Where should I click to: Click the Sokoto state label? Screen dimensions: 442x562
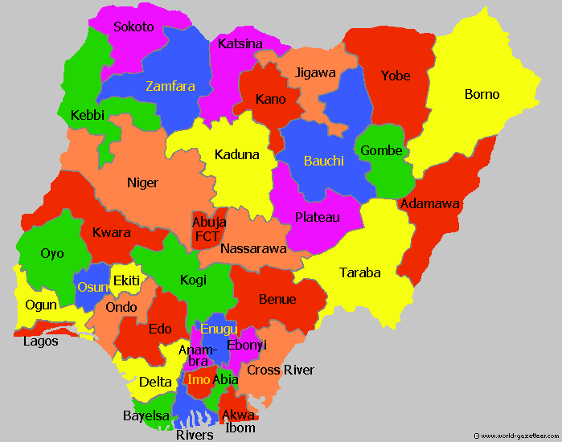[133, 27]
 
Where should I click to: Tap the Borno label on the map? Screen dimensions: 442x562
[482, 94]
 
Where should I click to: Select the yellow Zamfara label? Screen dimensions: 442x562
[170, 86]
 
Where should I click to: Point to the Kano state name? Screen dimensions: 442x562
[270, 100]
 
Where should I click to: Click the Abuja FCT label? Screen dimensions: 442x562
[209, 229]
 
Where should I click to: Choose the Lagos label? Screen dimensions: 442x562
[41, 341]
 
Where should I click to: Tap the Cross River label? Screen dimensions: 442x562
[281, 370]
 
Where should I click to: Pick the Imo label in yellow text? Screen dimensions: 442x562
[198, 379]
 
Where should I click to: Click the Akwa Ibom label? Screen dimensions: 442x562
[240, 421]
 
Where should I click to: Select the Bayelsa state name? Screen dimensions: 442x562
[146, 415]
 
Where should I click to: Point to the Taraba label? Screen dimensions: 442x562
[359, 272]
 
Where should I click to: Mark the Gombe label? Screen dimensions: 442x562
[381, 150]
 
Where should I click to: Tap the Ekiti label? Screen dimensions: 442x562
[126, 280]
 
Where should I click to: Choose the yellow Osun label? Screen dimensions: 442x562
[90, 287]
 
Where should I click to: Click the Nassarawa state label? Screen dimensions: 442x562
[253, 248]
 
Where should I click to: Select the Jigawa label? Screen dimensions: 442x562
[315, 72]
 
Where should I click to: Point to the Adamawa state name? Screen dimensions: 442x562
[430, 203]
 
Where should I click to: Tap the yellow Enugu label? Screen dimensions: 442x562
[219, 329]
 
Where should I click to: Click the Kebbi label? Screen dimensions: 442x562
[88, 115]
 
